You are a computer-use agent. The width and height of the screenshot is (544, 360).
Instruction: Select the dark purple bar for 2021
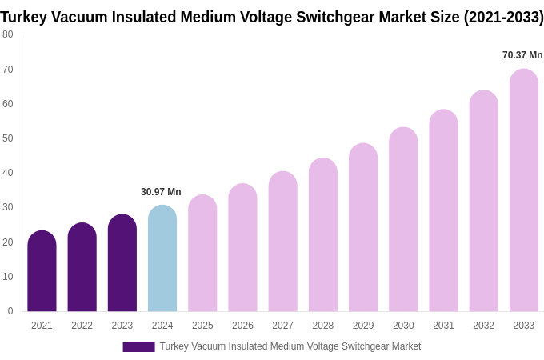click(x=42, y=271)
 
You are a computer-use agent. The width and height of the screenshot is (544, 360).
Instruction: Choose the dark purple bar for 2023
click(x=122, y=263)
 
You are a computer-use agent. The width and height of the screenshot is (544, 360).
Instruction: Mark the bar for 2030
click(x=403, y=219)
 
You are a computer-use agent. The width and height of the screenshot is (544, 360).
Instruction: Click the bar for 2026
click(x=242, y=248)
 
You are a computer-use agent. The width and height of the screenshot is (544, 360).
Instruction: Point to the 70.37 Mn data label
click(x=522, y=55)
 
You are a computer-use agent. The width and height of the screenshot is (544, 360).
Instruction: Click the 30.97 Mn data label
click(x=161, y=192)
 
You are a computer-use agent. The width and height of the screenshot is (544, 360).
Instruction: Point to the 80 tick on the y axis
click(x=8, y=34)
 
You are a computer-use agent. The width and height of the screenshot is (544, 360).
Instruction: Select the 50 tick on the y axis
click(x=8, y=138)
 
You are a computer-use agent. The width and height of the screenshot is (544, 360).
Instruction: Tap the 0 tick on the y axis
click(x=10, y=311)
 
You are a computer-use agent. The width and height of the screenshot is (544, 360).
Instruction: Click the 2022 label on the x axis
click(x=82, y=326)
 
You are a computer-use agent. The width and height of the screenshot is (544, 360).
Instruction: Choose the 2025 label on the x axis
click(x=202, y=326)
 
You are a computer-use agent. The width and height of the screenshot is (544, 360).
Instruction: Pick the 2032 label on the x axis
click(x=483, y=326)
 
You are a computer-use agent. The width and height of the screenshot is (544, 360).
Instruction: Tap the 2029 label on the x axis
click(x=363, y=326)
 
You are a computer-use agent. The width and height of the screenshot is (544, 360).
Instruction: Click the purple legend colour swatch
click(x=138, y=347)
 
